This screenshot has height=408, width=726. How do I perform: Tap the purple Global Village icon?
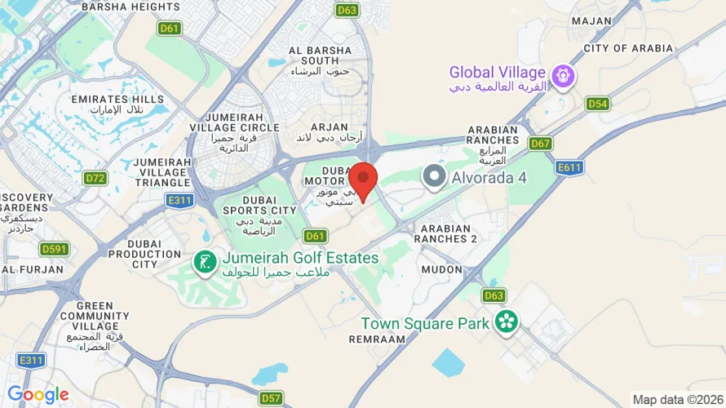(562, 78)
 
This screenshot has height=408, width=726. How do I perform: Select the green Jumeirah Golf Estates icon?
(203, 263)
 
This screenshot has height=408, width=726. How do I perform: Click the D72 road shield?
(95, 177)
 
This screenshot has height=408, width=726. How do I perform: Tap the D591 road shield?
(55, 249)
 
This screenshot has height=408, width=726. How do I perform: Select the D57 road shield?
(272, 397)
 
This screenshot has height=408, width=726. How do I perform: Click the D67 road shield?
(540, 144)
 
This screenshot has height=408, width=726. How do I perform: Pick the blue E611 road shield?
(569, 167)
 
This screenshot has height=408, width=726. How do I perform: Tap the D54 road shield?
(598, 104)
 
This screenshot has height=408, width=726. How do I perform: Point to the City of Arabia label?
(628, 49)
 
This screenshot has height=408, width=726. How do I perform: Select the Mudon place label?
(442, 268)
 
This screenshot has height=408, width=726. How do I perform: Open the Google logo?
(38, 395)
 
